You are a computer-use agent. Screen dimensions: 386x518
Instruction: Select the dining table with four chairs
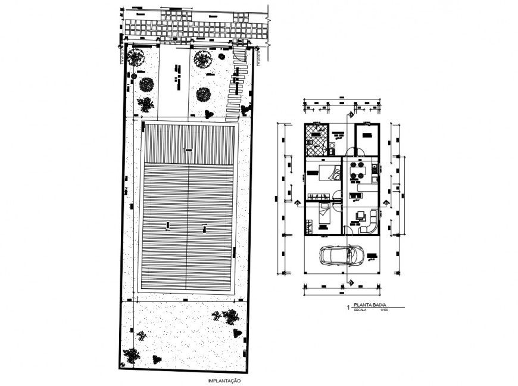coord(358,170)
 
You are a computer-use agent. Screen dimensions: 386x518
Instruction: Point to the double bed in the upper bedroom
coord(325,173)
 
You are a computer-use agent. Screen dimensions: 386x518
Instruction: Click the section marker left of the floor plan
coord(297,202)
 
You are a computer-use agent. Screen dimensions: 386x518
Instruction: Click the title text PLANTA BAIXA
coord(369,306)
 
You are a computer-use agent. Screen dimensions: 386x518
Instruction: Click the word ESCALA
coord(361,311)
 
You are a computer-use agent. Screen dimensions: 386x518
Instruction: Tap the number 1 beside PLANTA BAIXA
coord(348,309)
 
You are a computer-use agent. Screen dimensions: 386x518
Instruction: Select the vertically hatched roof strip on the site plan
coord(189,141)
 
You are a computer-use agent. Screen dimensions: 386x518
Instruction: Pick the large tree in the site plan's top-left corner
coord(136,58)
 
